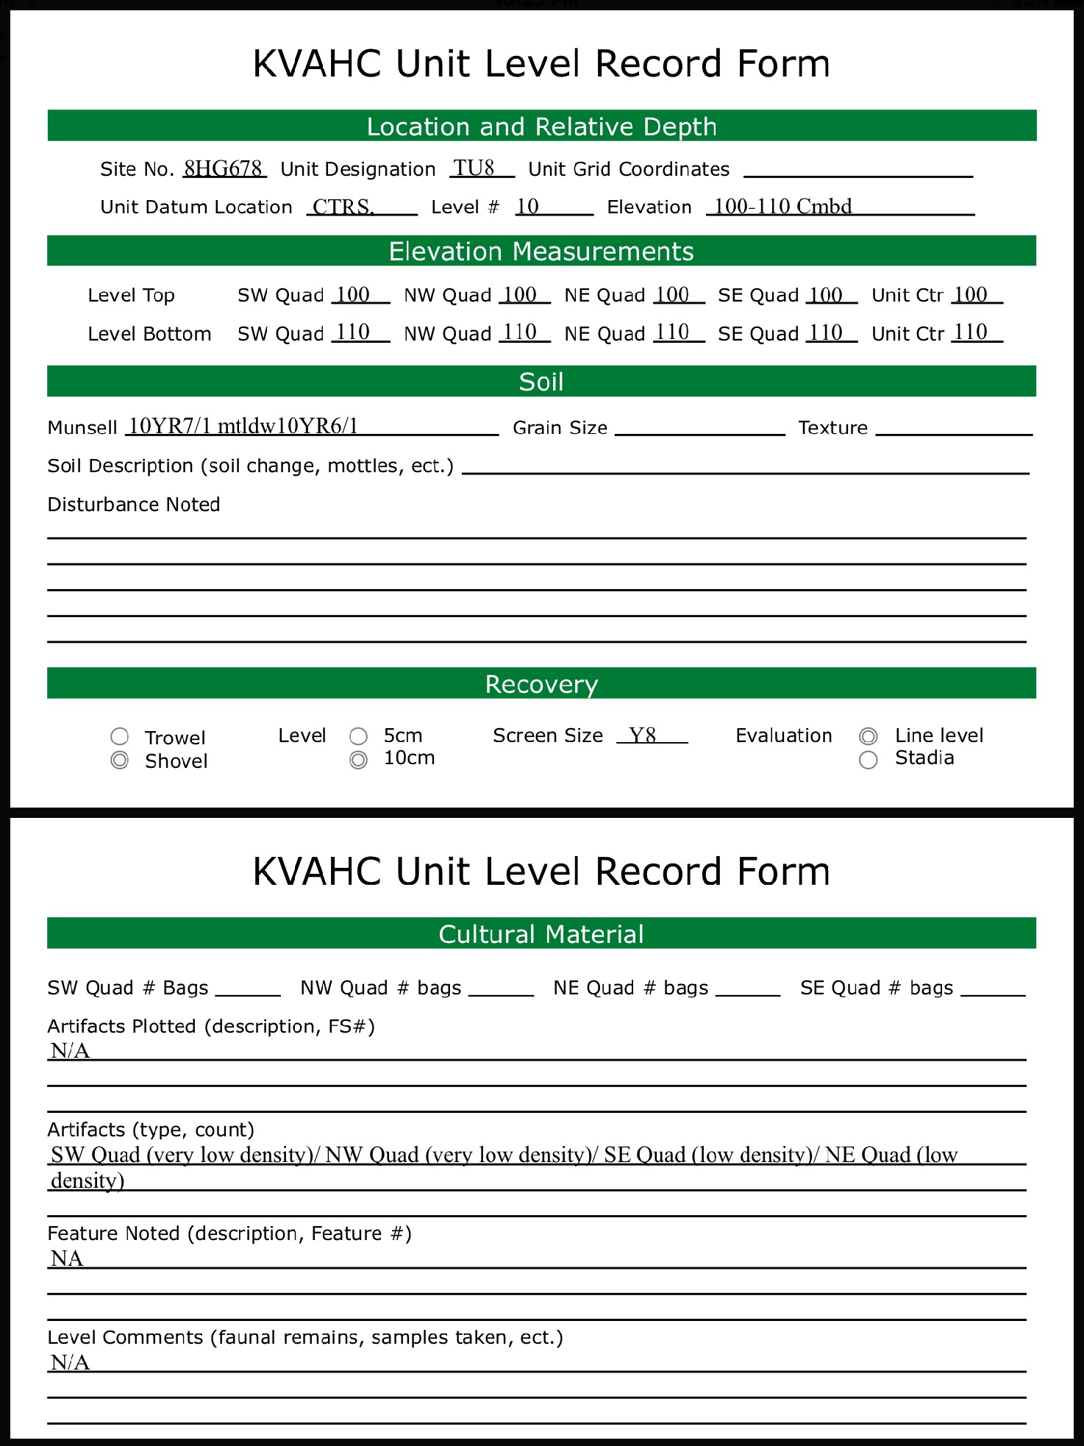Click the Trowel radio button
[119, 736]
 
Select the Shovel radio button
[119, 761]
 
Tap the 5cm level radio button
[358, 736]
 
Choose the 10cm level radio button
[358, 760]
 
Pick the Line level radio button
[869, 736]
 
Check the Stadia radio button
[869, 760]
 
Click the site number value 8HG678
[224, 168]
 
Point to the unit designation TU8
[474, 168]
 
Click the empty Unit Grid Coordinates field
[857, 169]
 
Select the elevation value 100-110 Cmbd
[783, 206]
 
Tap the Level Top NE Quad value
[671, 294]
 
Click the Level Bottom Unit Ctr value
[970, 332]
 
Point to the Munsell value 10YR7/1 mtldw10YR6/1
[243, 426]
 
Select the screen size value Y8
[643, 735]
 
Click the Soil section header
[541, 382]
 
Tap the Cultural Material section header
[541, 933]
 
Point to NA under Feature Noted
[67, 1258]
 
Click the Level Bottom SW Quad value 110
[353, 332]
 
